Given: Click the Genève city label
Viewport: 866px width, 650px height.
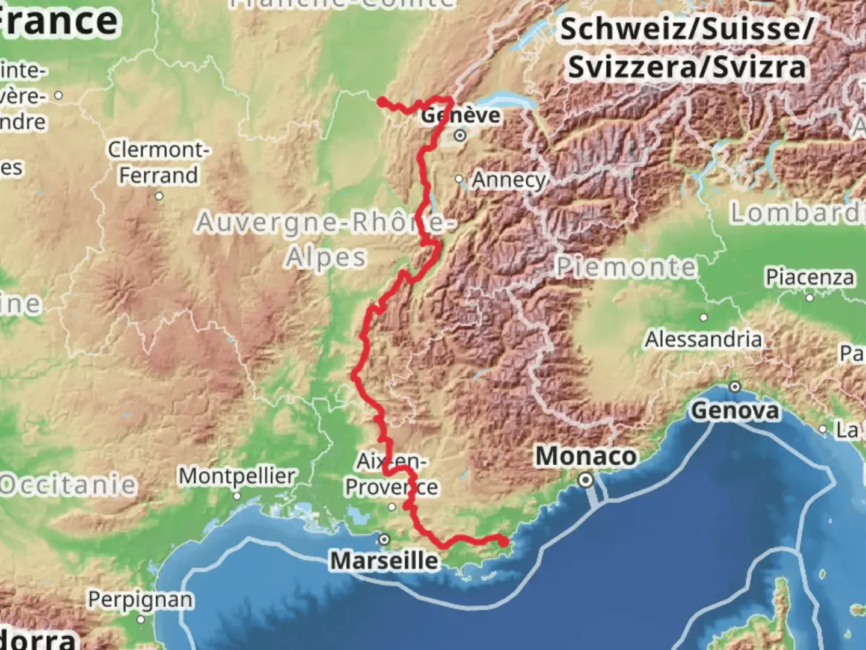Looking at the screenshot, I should click(461, 114).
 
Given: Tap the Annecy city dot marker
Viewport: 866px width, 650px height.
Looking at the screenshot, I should click(459, 179).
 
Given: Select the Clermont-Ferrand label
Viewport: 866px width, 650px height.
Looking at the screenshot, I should click(158, 162).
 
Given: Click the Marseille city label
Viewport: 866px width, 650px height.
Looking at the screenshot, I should click(384, 560).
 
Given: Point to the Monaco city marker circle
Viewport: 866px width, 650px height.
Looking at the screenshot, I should click(585, 480).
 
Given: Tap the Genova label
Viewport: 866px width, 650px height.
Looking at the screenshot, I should click(735, 410).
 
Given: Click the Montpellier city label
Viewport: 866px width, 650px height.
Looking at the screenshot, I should click(237, 475).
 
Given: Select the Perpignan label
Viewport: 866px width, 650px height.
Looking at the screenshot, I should click(140, 599).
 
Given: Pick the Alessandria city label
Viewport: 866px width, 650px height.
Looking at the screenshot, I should click(703, 339).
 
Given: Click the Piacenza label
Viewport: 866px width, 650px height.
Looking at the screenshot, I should click(809, 277).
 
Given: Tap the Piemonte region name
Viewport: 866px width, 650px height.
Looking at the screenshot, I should click(625, 267).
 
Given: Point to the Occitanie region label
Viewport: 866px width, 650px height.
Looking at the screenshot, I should click(68, 484).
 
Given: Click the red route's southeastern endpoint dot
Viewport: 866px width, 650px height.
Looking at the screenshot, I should click(503, 542).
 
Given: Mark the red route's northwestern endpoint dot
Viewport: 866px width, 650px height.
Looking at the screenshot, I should click(381, 101).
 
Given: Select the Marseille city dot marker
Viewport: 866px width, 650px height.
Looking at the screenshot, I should click(384, 539).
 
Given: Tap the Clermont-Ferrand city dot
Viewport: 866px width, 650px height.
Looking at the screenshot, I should click(159, 196).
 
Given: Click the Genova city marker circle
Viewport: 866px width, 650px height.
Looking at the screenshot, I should click(735, 386).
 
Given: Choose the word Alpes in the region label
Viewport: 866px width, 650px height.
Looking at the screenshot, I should click(325, 258).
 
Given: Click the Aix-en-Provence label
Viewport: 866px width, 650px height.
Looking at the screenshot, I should click(391, 474).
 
